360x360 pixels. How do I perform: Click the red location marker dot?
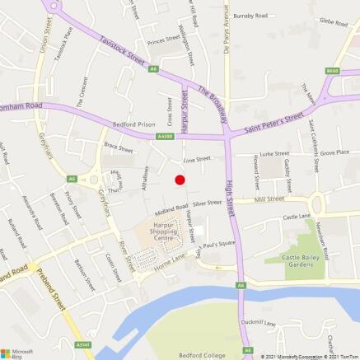coord(180,179)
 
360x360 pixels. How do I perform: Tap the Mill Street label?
coord(269,199)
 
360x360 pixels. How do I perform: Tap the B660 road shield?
coord(332,71)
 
